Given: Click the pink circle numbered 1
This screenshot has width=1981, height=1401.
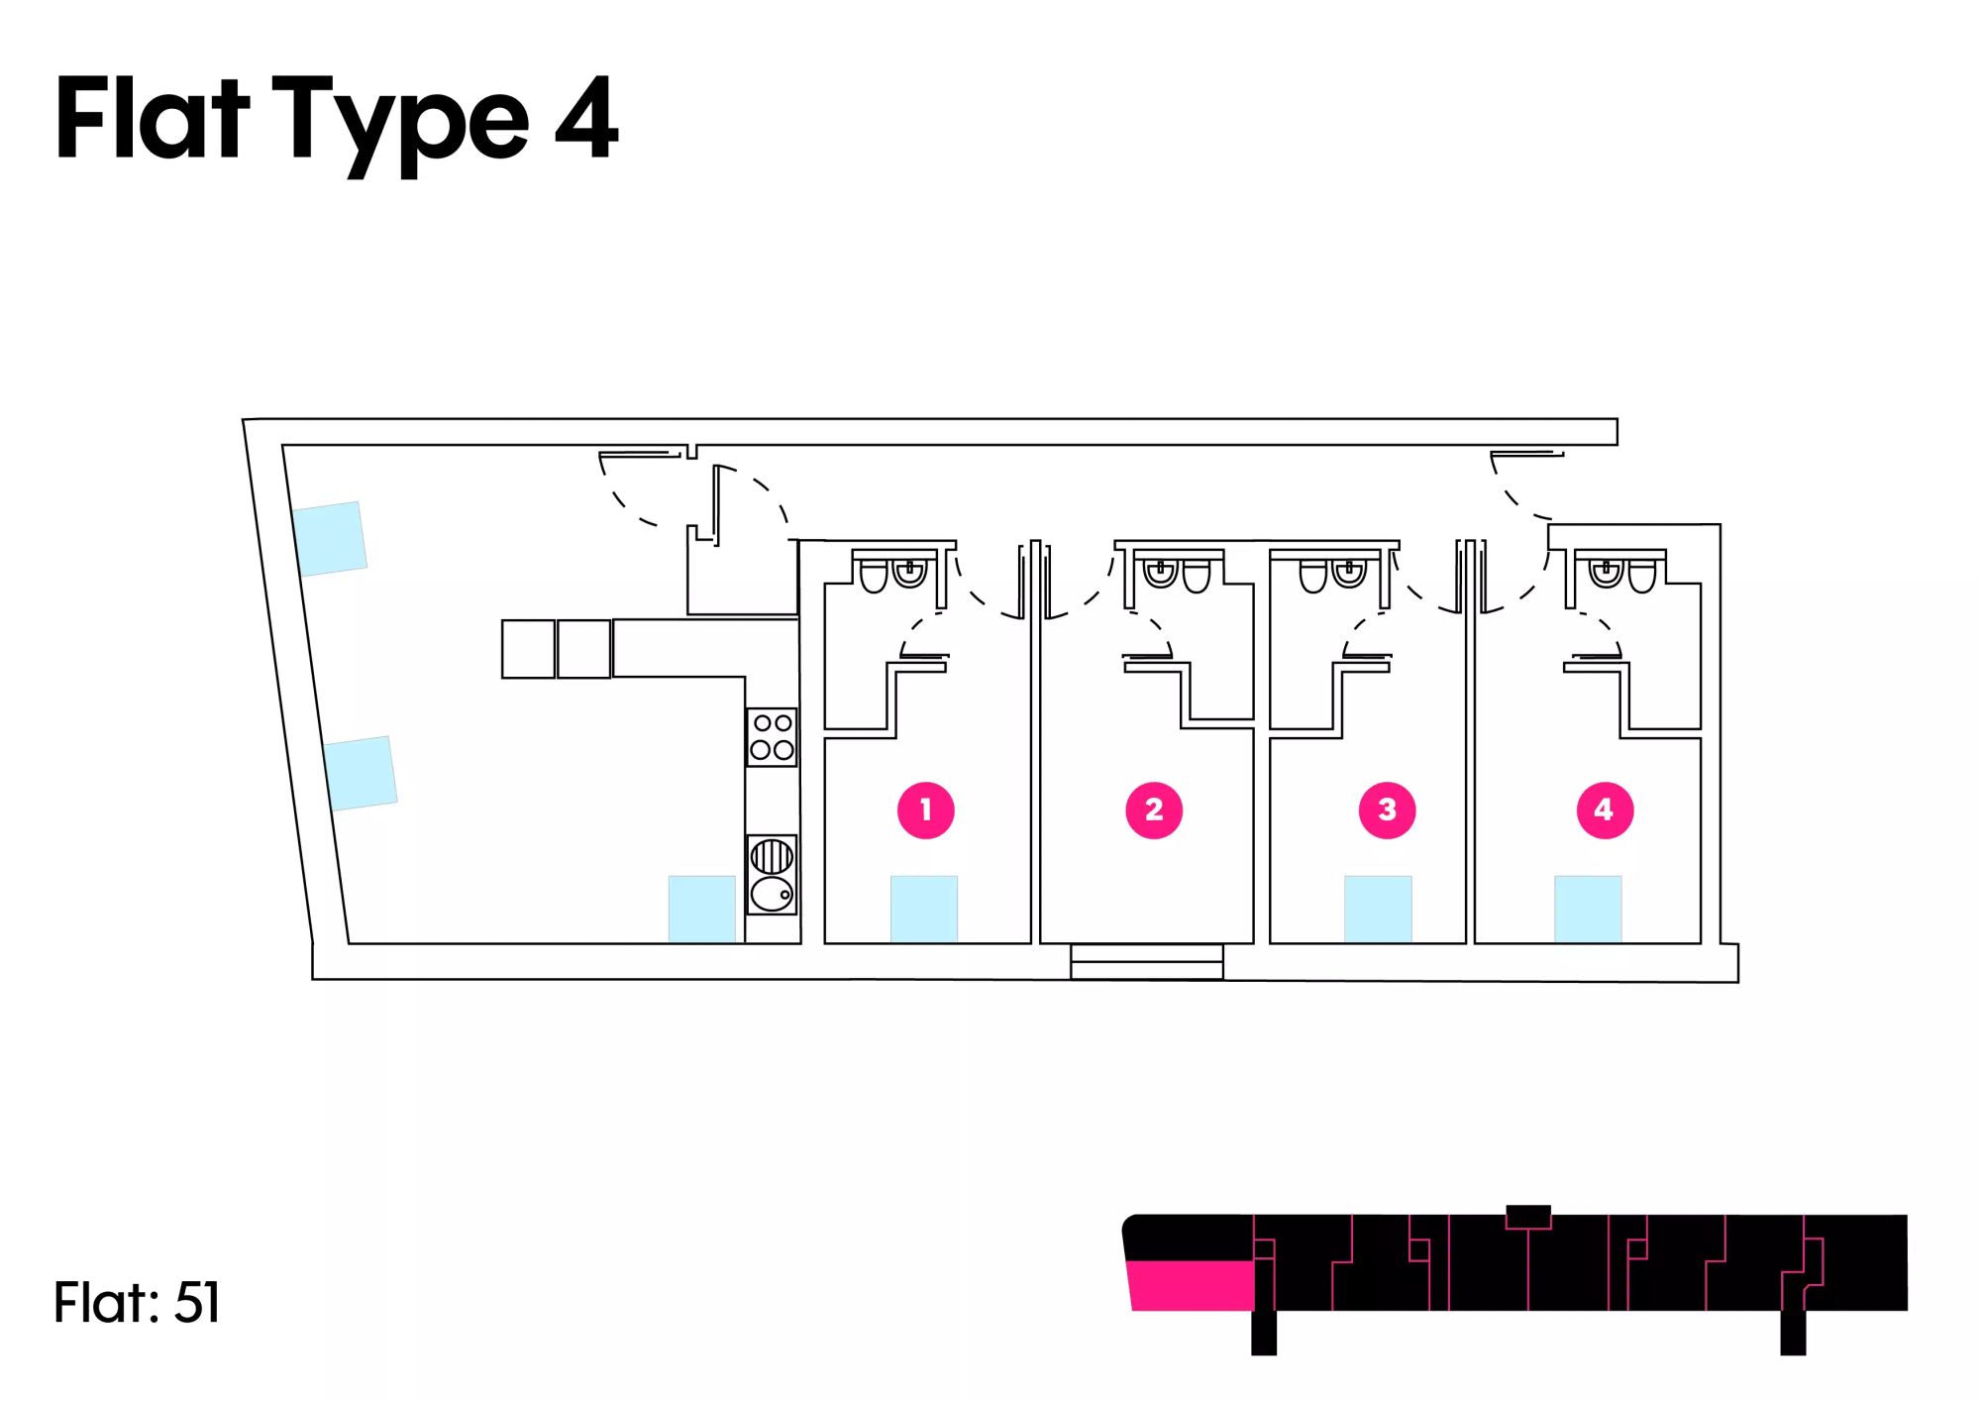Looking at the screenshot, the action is click(925, 809).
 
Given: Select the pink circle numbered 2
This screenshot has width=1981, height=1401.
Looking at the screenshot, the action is click(1154, 809).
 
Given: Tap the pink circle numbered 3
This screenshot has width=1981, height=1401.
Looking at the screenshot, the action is click(1387, 809).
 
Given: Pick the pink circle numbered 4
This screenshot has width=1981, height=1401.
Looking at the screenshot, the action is click(1605, 809).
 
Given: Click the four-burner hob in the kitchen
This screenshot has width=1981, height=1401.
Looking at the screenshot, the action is click(772, 736).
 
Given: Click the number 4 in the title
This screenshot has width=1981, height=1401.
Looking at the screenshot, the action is click(586, 118).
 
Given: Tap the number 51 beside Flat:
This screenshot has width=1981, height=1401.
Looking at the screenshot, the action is click(197, 1302).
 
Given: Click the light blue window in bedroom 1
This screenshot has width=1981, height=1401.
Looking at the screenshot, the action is click(924, 909).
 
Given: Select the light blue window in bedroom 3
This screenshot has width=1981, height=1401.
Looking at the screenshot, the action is click(1378, 909).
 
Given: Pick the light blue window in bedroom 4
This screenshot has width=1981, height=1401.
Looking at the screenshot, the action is click(1588, 909).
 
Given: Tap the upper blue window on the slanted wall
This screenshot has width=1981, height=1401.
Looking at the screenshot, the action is click(330, 538).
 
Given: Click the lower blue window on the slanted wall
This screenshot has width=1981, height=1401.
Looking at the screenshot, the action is click(361, 773).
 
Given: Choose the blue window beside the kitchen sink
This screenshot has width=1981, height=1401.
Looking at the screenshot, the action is click(702, 909).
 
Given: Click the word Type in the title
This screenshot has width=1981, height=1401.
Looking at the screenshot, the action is click(401, 124).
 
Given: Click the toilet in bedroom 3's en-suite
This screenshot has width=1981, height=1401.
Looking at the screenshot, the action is click(1313, 576).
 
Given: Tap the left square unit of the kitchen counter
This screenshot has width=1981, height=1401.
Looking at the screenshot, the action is click(528, 649).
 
